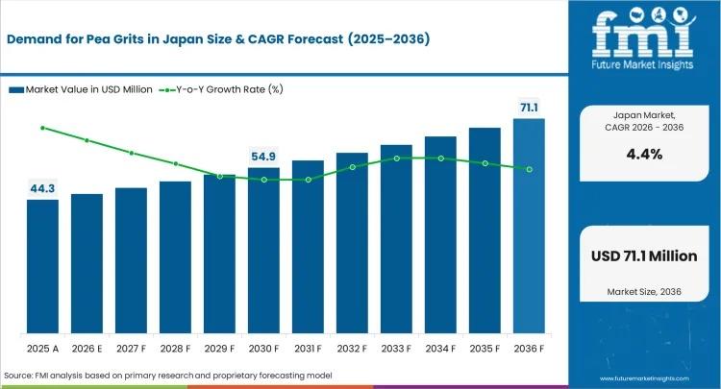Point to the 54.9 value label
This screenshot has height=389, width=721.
pyautogui.click(x=263, y=156)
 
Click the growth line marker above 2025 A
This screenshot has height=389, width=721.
pyautogui.click(x=42, y=128)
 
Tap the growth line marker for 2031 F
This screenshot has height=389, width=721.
pyautogui.click(x=308, y=180)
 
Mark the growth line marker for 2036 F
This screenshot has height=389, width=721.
pyautogui.click(x=529, y=169)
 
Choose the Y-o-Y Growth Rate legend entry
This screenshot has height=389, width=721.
pyautogui.click(x=216, y=89)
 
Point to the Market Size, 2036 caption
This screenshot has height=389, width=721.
pyautogui.click(x=643, y=290)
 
